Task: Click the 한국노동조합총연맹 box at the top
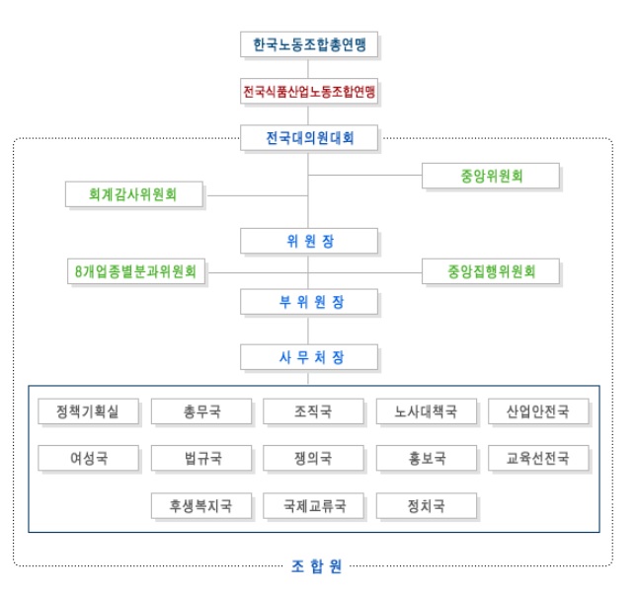click(309, 45)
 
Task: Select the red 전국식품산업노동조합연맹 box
click(309, 92)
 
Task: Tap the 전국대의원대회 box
click(309, 138)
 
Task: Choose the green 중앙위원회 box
click(491, 177)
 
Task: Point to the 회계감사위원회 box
click(134, 194)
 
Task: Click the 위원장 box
click(309, 241)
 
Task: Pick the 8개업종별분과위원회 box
click(134, 270)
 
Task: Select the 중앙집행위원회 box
click(491, 270)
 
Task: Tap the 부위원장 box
click(309, 300)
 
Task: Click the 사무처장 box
click(309, 355)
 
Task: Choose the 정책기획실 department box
click(89, 411)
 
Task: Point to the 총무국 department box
click(201, 411)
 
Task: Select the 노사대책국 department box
click(426, 411)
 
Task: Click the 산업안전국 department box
click(538, 411)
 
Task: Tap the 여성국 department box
click(89, 459)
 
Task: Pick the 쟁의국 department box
click(313, 459)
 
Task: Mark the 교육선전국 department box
click(538, 459)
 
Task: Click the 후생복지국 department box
click(201, 506)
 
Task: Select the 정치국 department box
click(426, 506)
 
